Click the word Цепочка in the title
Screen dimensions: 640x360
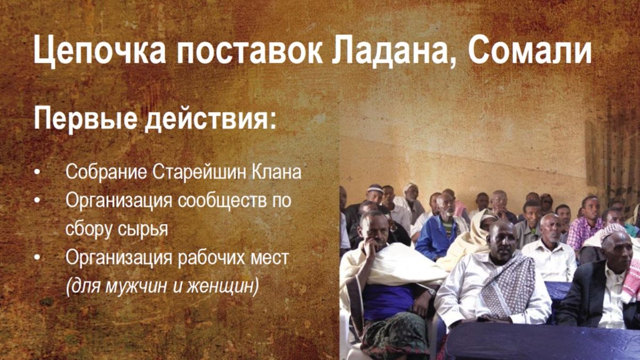tap(99, 51)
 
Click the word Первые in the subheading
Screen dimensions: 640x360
tap(85, 119)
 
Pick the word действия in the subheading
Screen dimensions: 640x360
tap(211, 119)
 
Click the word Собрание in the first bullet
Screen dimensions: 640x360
tap(106, 172)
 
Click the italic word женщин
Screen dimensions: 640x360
tap(223, 286)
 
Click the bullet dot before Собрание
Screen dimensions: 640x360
tap(37, 173)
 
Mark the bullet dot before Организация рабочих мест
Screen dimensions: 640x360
tap(37, 258)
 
